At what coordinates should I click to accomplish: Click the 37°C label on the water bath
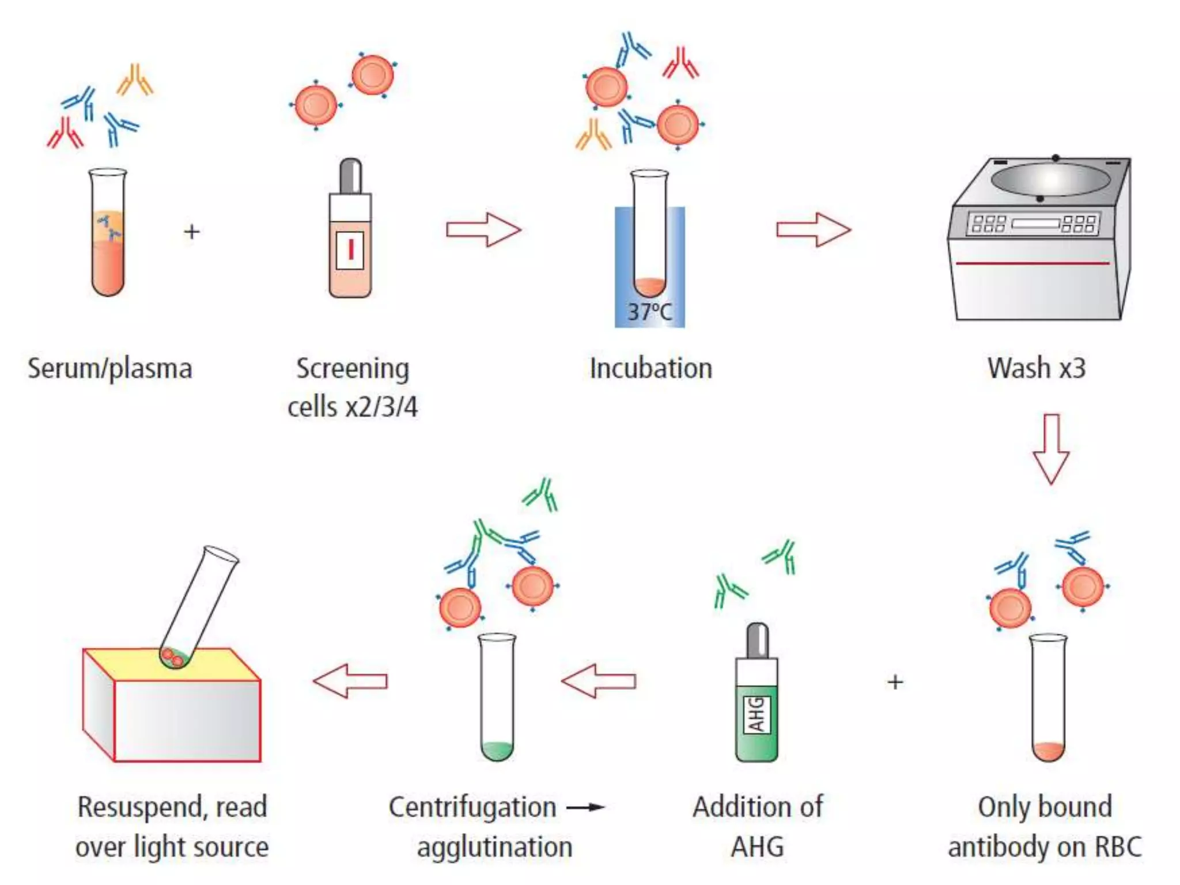649,312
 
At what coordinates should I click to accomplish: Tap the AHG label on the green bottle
757,714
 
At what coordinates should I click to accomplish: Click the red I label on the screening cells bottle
350,250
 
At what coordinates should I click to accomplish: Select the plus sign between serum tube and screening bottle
192,232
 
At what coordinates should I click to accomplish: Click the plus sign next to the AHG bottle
895,682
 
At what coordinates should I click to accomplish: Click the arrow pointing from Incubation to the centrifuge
813,229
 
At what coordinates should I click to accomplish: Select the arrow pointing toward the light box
350,681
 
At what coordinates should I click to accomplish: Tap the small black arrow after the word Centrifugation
585,807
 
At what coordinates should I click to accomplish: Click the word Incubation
650,368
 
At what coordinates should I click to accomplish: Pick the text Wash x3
1036,368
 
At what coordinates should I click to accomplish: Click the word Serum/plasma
109,369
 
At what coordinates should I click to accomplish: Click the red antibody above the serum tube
65,133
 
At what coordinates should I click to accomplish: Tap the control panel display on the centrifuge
1035,224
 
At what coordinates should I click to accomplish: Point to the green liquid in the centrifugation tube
497,750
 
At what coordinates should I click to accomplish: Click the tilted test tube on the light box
199,605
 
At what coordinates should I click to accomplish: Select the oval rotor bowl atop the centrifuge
1050,179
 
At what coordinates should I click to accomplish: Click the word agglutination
494,847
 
